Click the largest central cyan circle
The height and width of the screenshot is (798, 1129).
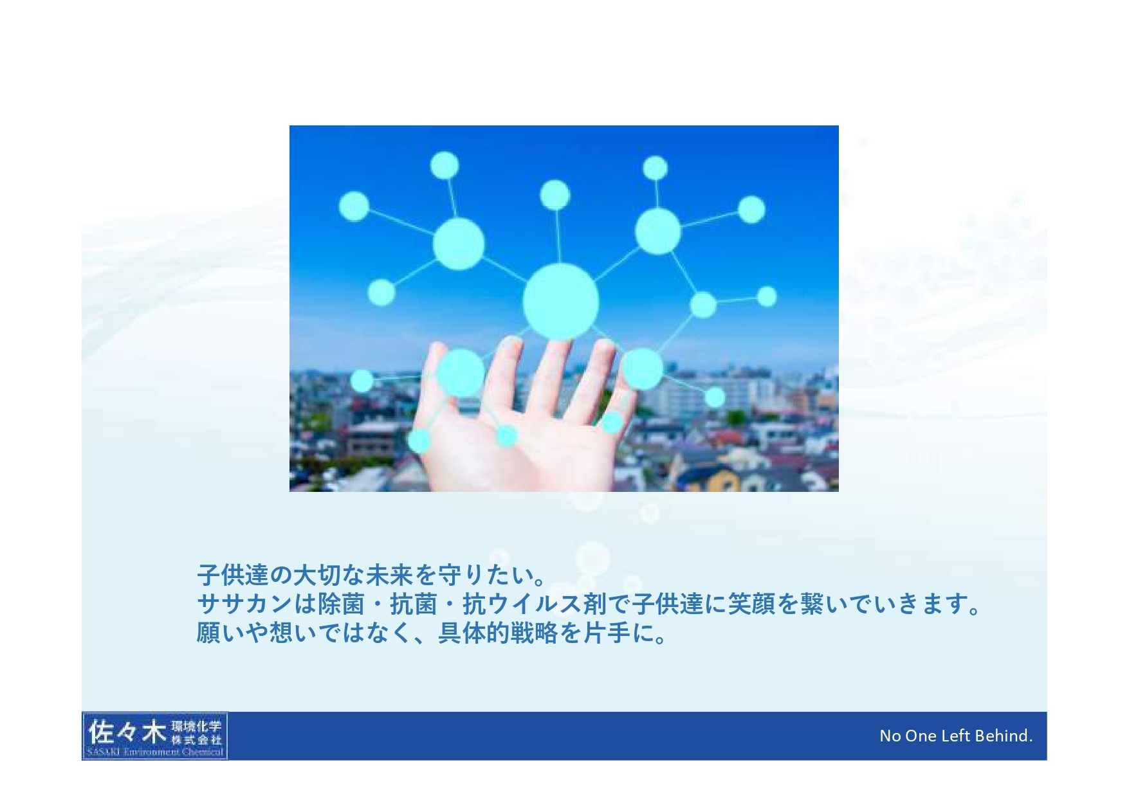pos(560,301)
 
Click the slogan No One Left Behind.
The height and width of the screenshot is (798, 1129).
pos(956,736)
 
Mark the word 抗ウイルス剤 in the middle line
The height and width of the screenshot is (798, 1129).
pos(534,604)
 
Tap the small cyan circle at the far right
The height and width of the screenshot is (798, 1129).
pos(766,296)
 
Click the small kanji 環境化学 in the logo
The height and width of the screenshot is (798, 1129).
pos(196,726)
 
